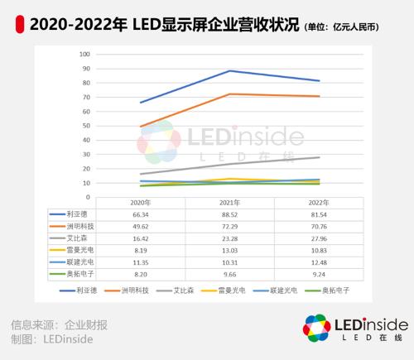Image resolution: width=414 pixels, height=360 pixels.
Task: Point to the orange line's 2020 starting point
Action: [x=140, y=127]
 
